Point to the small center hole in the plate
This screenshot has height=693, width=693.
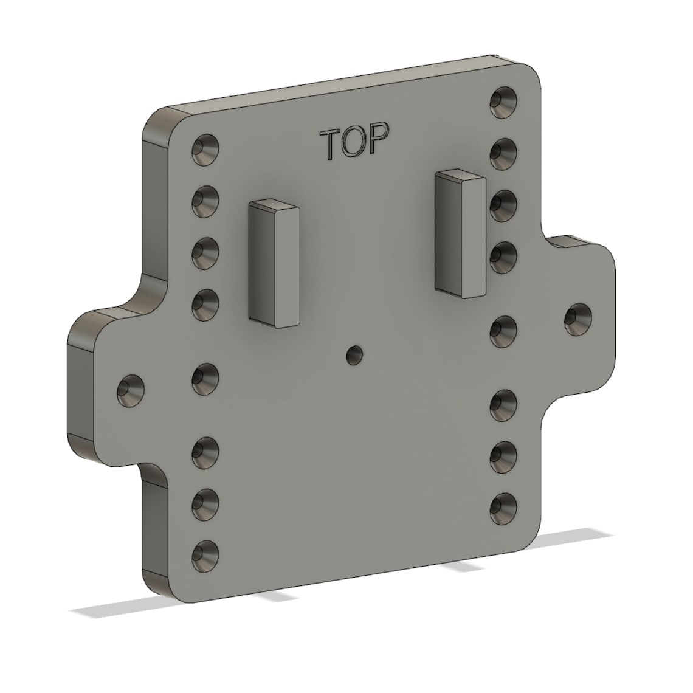coord(353,354)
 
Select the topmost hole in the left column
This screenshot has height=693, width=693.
coord(205,150)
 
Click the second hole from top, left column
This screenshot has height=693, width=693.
coord(205,201)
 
